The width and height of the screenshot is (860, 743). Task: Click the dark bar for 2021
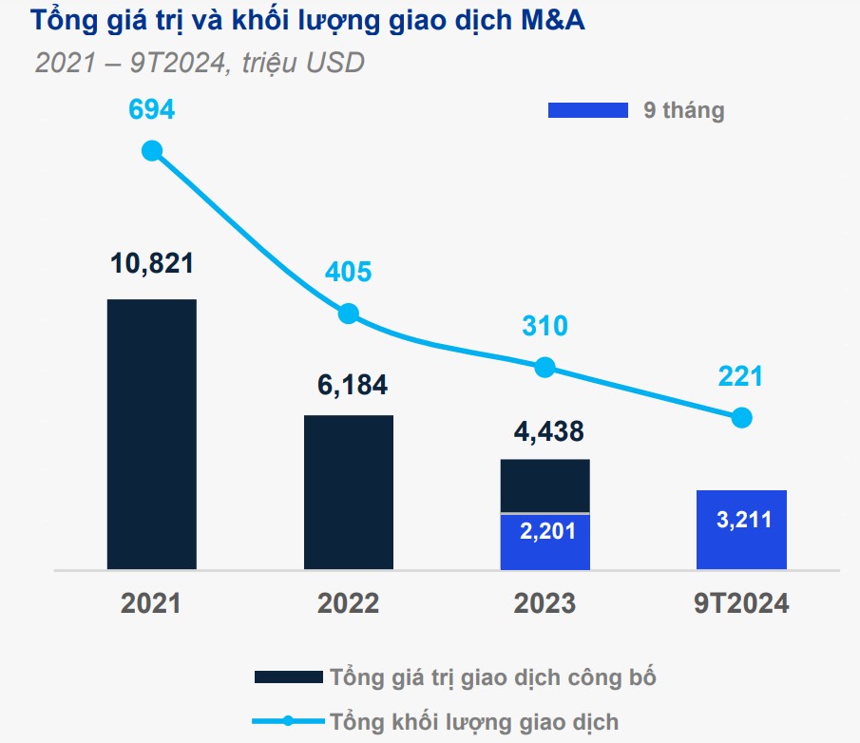[x=151, y=434]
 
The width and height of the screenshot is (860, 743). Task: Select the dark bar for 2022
[x=348, y=492]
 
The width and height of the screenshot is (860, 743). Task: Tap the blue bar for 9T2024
[x=741, y=529]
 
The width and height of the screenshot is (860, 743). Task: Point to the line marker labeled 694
[x=151, y=150]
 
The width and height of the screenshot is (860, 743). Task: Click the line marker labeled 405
[x=349, y=314]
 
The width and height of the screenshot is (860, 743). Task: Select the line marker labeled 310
[x=545, y=367]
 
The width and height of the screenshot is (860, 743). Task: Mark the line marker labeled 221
[x=742, y=417]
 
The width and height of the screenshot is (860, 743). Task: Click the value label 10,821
[x=151, y=263]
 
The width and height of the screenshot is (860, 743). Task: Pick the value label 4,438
[x=544, y=431]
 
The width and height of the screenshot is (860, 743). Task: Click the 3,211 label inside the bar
[x=741, y=520]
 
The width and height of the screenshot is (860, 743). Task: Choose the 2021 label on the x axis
[x=151, y=603]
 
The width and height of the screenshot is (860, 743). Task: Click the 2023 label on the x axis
[x=545, y=603]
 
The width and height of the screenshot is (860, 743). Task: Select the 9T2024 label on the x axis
[x=741, y=603]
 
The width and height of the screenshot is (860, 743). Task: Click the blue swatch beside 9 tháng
[x=587, y=110]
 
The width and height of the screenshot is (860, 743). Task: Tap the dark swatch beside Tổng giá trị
[x=288, y=677]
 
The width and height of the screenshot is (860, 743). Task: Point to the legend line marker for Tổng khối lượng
[x=288, y=720]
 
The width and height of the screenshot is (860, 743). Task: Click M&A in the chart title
[x=551, y=21]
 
